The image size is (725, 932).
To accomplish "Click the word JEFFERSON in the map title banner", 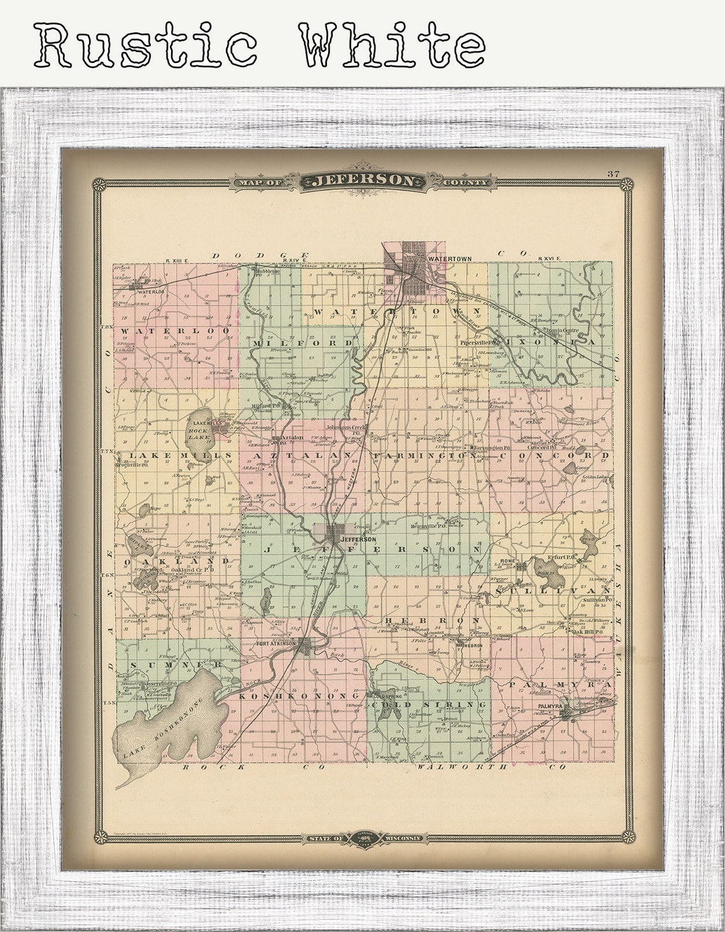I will coord(363,181).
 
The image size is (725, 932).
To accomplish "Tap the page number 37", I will coord(613,174).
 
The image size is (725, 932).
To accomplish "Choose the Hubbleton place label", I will coord(266,271).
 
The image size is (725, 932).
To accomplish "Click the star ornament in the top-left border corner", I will coord(99,185).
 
